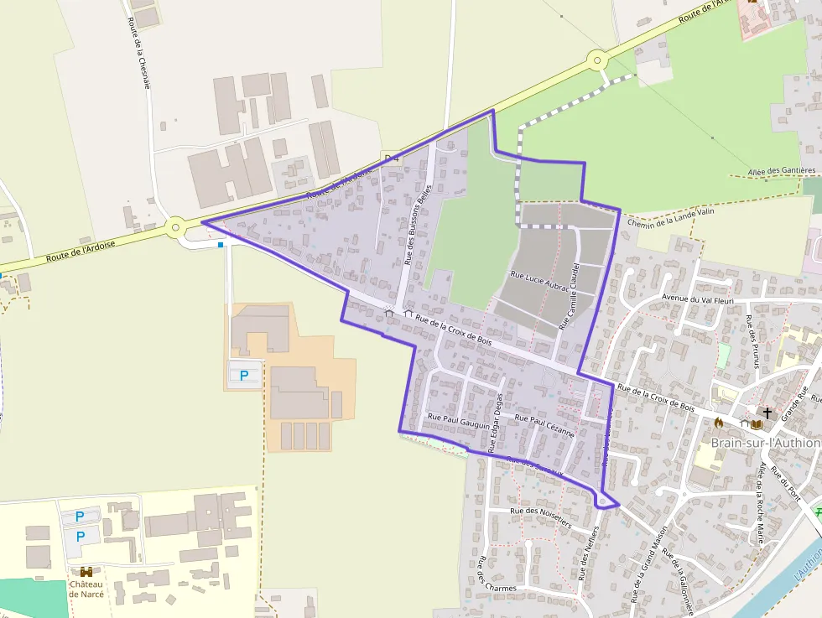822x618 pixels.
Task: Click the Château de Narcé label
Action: point(86,589)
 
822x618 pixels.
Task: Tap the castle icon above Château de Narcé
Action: point(86,572)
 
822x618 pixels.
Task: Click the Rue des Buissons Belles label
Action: point(417,224)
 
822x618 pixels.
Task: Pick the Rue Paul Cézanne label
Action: point(544,425)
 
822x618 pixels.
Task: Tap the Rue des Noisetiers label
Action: point(540,516)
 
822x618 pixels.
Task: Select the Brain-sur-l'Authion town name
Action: point(766,443)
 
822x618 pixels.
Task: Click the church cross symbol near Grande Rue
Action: point(766,413)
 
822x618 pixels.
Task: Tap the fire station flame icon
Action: point(718,422)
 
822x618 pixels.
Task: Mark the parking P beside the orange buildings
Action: point(244,376)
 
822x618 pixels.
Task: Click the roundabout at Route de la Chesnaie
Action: point(175,226)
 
